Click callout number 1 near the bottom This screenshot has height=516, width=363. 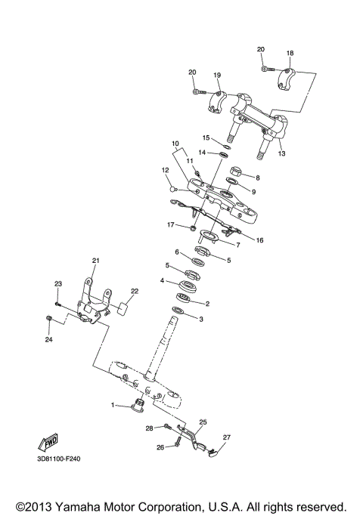(113, 406)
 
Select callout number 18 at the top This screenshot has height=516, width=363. (289, 54)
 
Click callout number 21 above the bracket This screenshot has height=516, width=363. (95, 261)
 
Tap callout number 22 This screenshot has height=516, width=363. (134, 291)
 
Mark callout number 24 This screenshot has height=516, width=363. (49, 340)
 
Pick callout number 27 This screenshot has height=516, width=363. (226, 437)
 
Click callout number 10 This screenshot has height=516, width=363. (174, 143)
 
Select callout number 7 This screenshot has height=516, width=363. (237, 246)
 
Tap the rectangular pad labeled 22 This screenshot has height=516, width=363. (122, 308)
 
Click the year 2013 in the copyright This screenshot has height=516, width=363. (42, 506)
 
